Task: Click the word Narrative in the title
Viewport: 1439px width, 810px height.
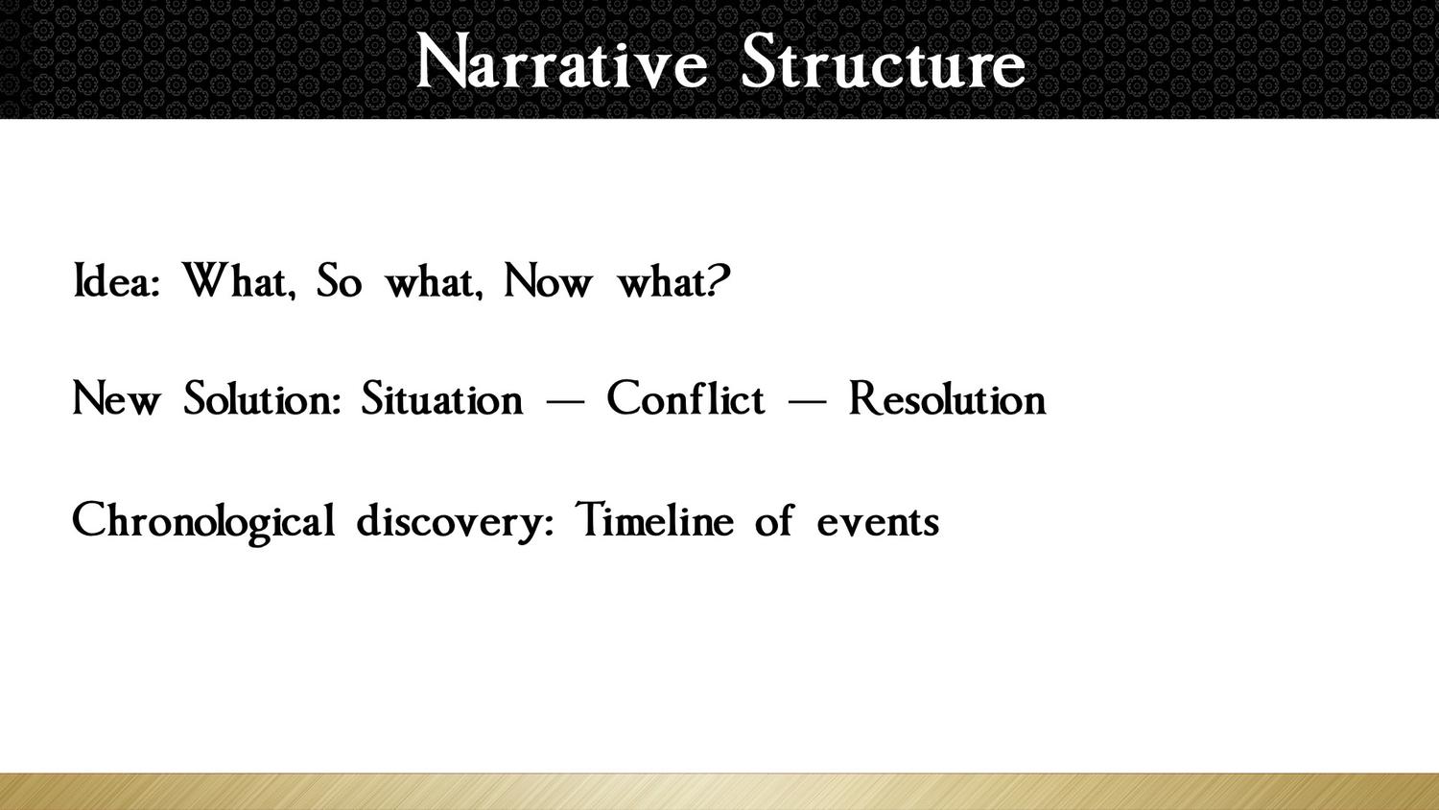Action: tap(561, 61)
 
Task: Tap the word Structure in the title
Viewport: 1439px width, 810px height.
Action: tap(884, 61)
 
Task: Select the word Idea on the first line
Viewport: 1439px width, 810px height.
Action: tap(116, 281)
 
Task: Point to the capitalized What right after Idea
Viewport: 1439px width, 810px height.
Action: tap(239, 281)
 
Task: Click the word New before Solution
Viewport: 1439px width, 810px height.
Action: tap(116, 398)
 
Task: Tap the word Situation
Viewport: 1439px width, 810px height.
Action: tap(442, 398)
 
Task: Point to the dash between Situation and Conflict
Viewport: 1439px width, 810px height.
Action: tap(565, 402)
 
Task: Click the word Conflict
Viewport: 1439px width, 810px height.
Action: tap(686, 398)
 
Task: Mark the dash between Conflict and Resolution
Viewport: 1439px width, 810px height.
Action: tap(807, 402)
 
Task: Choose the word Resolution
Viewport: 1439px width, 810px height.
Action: tap(948, 398)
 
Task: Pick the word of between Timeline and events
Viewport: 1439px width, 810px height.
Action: tap(774, 519)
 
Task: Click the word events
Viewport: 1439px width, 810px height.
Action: tap(878, 522)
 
